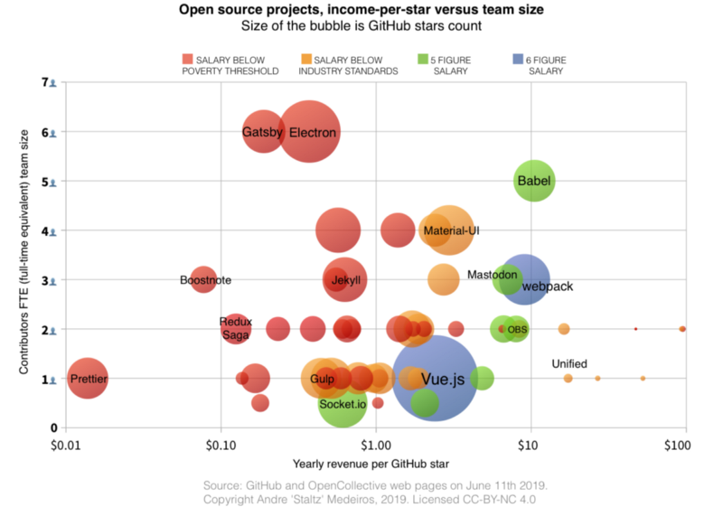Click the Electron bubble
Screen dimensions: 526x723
[x=310, y=132]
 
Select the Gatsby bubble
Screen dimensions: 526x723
[x=263, y=133]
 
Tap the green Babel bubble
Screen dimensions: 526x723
[x=534, y=181]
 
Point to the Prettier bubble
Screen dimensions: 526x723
[x=87, y=379]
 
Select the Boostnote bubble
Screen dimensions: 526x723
[x=204, y=280]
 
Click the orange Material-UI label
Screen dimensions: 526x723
[x=451, y=231]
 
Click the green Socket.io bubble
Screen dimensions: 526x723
[x=343, y=404]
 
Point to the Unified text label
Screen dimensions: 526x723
[x=569, y=364]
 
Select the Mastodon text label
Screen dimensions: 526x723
[x=492, y=275]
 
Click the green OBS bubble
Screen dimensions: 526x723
[x=516, y=330]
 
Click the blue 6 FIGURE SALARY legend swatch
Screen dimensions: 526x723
[x=518, y=60]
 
